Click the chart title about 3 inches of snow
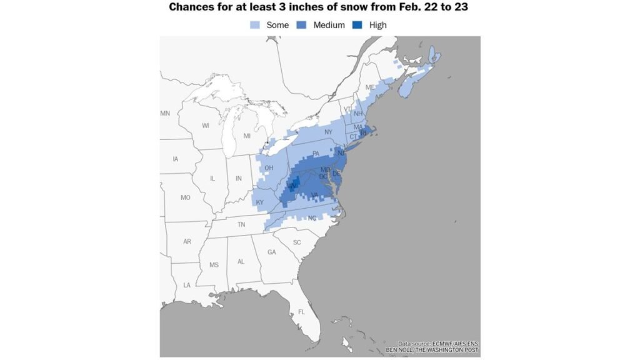(x=319, y=8)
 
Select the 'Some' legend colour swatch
(x=254, y=25)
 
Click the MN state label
(x=165, y=114)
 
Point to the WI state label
(x=206, y=126)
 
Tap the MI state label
(x=247, y=136)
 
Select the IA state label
(x=176, y=159)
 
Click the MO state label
(x=185, y=197)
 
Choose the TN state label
(x=241, y=224)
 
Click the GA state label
(x=271, y=252)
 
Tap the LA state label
(x=187, y=285)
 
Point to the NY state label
(x=328, y=132)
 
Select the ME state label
(x=370, y=87)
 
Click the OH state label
(x=269, y=167)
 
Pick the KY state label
(x=260, y=202)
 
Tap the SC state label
(x=297, y=242)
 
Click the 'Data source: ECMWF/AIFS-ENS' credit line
(x=438, y=344)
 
